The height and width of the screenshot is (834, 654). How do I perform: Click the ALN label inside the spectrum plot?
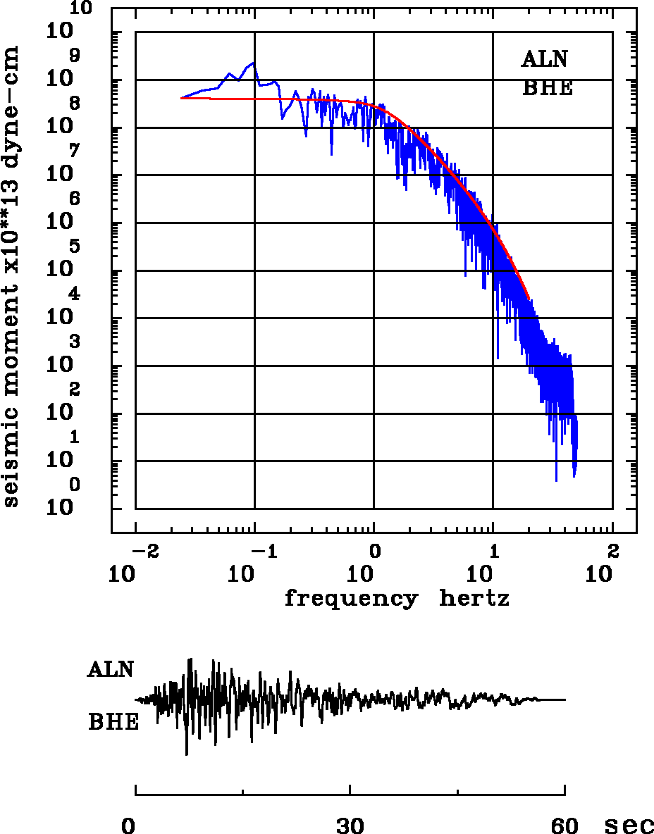[x=544, y=60]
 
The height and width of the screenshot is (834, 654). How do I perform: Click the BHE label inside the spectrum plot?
[x=547, y=88]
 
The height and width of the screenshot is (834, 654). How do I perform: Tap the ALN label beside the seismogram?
[x=111, y=669]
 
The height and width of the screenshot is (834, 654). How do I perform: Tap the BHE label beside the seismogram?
[x=113, y=722]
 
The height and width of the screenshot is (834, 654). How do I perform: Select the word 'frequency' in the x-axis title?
[x=350, y=599]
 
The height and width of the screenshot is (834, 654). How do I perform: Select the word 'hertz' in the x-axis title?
[x=474, y=599]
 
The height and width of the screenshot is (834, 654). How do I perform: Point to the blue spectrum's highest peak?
[x=254, y=63]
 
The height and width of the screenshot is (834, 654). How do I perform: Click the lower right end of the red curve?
[x=529, y=299]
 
